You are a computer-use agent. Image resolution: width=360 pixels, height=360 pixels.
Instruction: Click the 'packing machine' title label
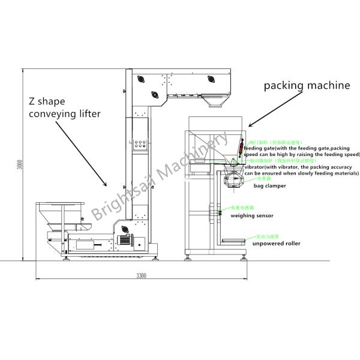(x=307, y=85)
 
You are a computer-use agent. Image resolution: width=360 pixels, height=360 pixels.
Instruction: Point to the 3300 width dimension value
(x=141, y=275)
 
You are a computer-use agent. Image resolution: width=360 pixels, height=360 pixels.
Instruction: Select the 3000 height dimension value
(x=19, y=164)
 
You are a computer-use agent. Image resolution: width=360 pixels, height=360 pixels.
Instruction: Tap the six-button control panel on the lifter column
(x=139, y=144)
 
